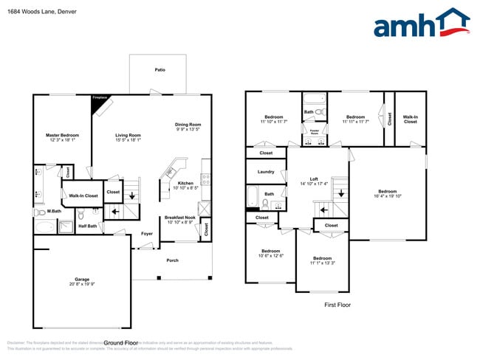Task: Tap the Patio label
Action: tap(160, 70)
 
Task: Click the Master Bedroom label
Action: tap(62, 135)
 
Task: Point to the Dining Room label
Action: tap(188, 125)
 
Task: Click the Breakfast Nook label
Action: tap(180, 218)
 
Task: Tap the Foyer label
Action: tap(147, 234)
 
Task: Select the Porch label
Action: tap(172, 260)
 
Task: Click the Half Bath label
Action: tap(87, 226)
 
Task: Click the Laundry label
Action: tap(266, 172)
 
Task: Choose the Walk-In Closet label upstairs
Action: tap(410, 119)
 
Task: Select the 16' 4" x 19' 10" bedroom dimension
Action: tap(388, 196)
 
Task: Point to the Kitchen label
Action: tap(185, 183)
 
